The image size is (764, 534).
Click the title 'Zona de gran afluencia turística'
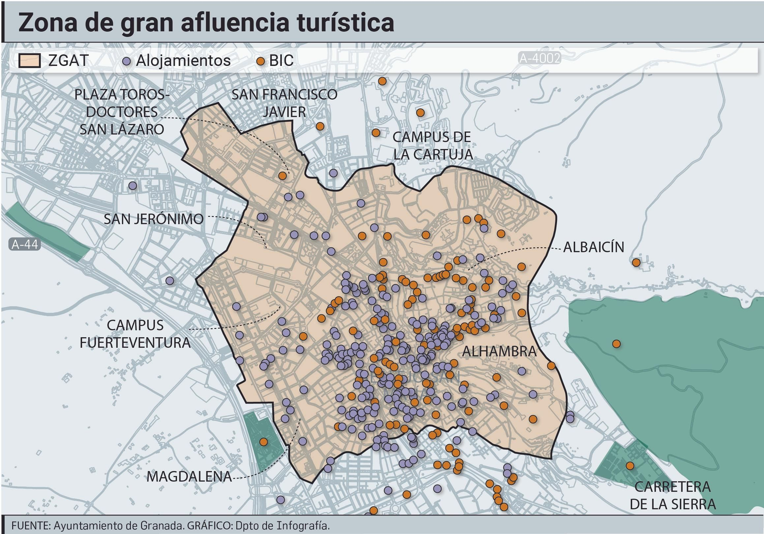(x=206, y=22)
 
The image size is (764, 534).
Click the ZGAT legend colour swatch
(x=29, y=61)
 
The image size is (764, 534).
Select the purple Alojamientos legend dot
(x=127, y=62)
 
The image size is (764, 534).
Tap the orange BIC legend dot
(x=261, y=62)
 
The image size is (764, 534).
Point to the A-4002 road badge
(x=540, y=58)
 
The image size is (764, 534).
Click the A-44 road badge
(x=24, y=245)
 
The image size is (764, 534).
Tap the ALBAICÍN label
(x=594, y=247)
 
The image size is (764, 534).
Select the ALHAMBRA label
(x=499, y=352)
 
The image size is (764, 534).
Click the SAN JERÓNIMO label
(x=153, y=219)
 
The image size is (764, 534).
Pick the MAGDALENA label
(x=189, y=476)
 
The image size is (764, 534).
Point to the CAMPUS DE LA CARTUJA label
(x=432, y=146)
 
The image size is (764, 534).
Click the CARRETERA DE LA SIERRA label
(x=672, y=495)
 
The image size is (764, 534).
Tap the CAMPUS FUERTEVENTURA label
(x=135, y=334)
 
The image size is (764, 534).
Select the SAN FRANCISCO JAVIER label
(x=284, y=103)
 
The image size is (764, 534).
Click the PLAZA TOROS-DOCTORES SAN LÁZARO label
(x=122, y=112)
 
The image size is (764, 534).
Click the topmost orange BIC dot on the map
(x=382, y=81)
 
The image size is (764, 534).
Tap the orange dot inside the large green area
(x=616, y=343)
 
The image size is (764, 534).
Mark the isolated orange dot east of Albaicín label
(x=636, y=262)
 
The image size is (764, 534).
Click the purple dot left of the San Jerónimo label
(x=133, y=185)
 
